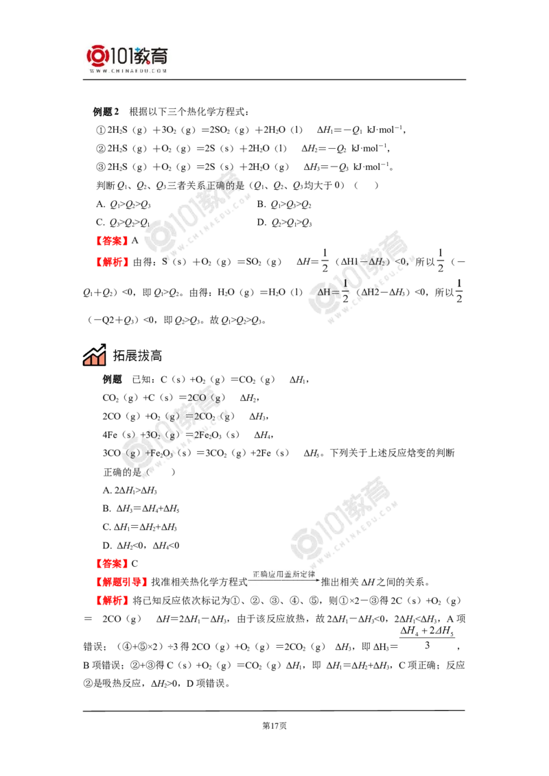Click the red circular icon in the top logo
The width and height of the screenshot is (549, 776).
coord(97,56)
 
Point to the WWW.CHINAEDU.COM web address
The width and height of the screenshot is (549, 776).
coord(128,71)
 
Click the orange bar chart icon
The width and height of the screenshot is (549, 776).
coord(94,354)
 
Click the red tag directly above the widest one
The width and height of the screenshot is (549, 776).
coord(112,564)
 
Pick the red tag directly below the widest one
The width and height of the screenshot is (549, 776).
coord(112,601)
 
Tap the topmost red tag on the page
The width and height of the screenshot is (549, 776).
coord(112,241)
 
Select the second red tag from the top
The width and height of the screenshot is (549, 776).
coord(112,261)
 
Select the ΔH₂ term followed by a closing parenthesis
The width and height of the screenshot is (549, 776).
coord(375,262)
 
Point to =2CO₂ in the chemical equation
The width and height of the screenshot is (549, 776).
coord(202,416)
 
